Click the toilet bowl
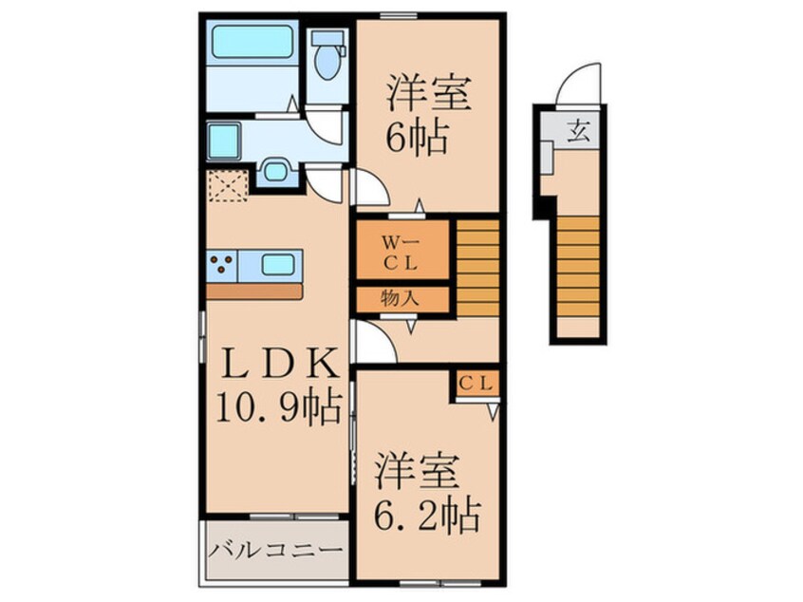pos(327,62)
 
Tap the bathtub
pos(253,42)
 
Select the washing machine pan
pos(224,141)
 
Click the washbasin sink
pos(276,171)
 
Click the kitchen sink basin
pos(277,265)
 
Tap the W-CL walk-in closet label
pos(401,252)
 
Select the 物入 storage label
pos(400,297)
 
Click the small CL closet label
pos(476,383)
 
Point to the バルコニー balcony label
pos(275,551)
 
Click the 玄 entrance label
pos(579,132)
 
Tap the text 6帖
pos(418,138)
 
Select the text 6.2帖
pos(427,515)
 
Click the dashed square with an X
pos(228,185)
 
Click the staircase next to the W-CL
pos(477,268)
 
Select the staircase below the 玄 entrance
pos(578,267)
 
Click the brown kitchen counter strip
pos(254,292)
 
